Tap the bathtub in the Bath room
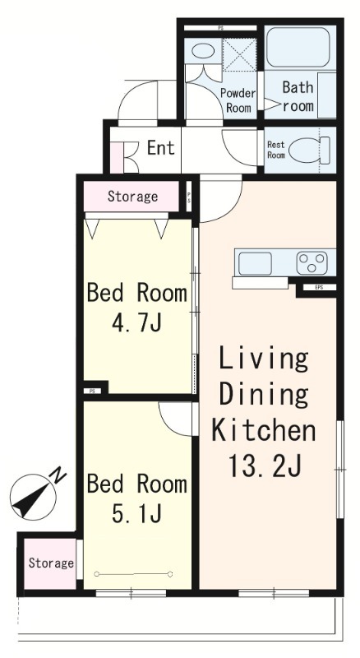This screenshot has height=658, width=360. (298, 48)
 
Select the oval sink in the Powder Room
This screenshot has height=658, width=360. (203, 51)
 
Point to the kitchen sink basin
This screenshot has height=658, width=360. (255, 263)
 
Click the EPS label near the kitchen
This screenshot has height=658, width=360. (319, 287)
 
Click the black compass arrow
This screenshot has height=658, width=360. (32, 500)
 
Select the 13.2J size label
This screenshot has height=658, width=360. (265, 463)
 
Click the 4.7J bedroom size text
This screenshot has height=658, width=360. (136, 323)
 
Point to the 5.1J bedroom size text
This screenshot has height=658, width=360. (136, 512)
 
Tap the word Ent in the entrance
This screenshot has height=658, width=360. (161, 148)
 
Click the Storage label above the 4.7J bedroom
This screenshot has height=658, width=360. (132, 196)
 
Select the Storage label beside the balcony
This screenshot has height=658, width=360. (51, 563)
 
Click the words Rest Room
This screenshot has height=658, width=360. (276, 150)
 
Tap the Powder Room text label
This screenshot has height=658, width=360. (238, 100)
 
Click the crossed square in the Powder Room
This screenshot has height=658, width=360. (239, 54)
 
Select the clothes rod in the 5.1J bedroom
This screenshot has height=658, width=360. (134, 573)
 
